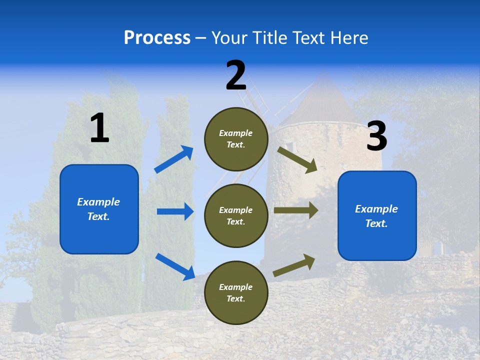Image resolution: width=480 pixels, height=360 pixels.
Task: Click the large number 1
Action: tap(99, 128)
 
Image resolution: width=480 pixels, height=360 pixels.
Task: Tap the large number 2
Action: tap(236, 76)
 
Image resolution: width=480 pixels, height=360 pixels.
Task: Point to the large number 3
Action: tap(376, 136)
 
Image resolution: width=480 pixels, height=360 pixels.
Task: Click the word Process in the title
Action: tap(157, 37)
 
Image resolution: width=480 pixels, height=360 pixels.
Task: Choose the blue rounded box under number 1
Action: tap(99, 209)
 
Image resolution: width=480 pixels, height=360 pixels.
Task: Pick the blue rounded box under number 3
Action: tap(377, 215)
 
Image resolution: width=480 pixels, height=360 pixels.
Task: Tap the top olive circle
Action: tap(236, 139)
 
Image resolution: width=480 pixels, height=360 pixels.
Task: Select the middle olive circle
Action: tap(236, 215)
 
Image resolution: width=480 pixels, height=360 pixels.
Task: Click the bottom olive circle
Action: tap(236, 292)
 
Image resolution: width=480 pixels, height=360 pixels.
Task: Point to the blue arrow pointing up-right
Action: tap(174, 159)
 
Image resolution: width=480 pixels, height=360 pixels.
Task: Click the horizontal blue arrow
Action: tap(175, 211)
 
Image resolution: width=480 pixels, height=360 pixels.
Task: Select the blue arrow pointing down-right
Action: tap(175, 266)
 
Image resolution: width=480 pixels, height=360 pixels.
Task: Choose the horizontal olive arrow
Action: tap(295, 210)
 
